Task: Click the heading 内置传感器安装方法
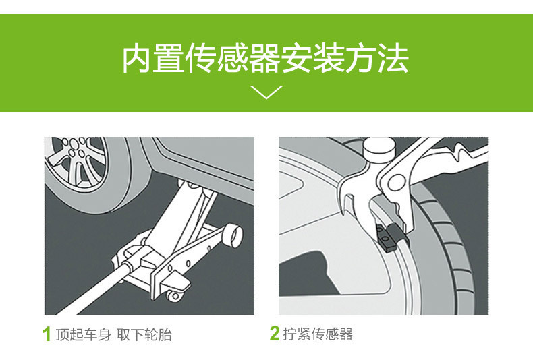click(x=265, y=58)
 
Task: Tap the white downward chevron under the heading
click(x=266, y=92)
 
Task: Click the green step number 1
click(x=47, y=334)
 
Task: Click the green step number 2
click(x=275, y=333)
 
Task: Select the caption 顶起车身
click(x=83, y=334)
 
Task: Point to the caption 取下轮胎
click(x=144, y=334)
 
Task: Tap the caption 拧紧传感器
click(x=318, y=334)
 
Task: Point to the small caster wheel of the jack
click(x=174, y=297)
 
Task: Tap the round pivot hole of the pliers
click(x=396, y=183)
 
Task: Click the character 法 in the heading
click(x=393, y=58)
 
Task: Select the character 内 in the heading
click(x=137, y=58)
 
